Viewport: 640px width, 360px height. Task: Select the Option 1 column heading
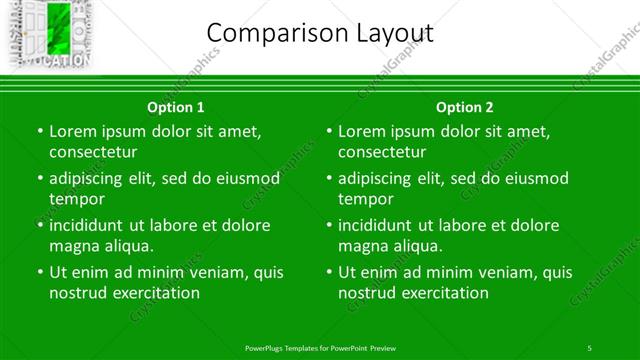coord(176,107)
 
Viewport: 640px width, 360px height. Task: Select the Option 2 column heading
coord(465,107)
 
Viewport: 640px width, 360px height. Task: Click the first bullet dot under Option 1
coord(40,132)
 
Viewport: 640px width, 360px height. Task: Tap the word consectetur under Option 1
coord(93,152)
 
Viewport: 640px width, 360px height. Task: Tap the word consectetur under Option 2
coord(382,152)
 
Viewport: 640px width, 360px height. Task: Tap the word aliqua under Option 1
coord(127,246)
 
